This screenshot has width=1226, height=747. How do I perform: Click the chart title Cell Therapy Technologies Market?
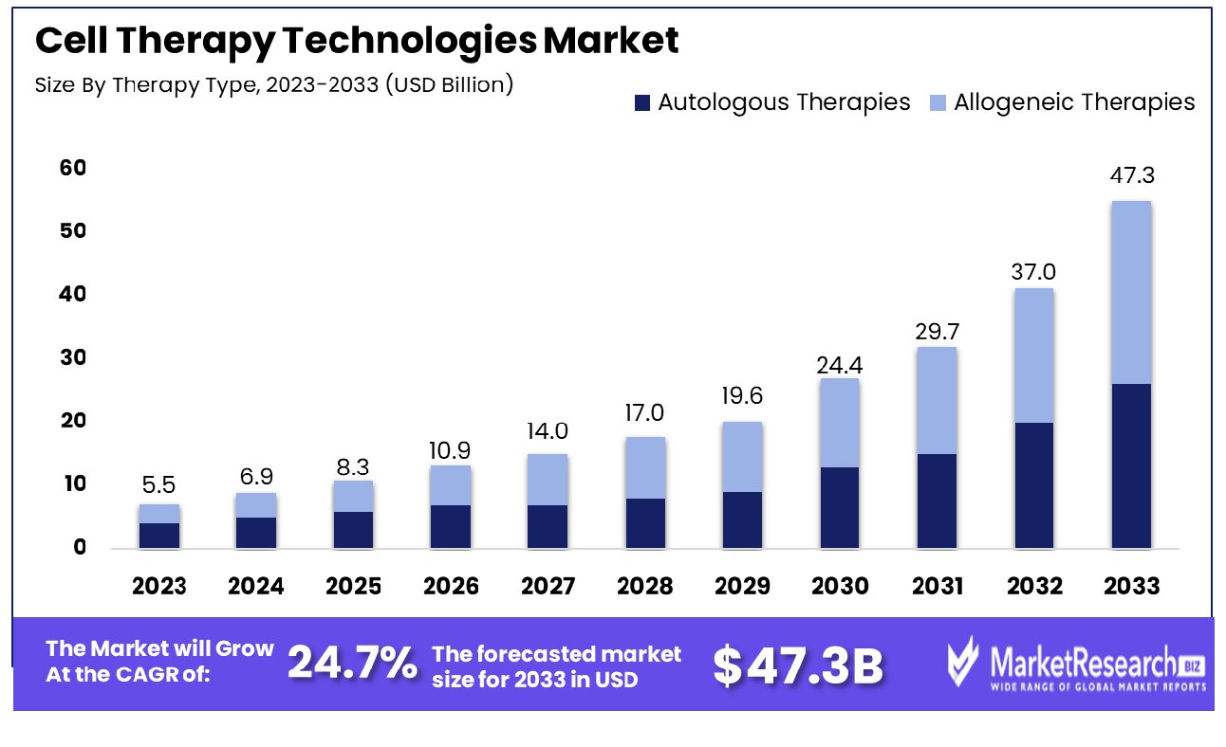coord(356,41)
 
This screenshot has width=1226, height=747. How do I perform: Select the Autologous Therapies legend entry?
coord(772,102)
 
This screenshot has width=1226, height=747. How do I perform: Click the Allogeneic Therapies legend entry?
coord(1062,102)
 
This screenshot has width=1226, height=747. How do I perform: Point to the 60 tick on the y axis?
coord(73,168)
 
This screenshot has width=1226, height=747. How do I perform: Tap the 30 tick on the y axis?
coord(73,357)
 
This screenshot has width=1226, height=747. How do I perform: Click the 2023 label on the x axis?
coord(159,587)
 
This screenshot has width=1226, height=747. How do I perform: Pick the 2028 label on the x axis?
coord(644,587)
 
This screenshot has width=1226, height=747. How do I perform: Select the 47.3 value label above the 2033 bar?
coord(1131,176)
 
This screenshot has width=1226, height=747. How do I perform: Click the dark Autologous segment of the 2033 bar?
coord(1130,465)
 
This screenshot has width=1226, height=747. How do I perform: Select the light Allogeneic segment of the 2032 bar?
coord(1033,355)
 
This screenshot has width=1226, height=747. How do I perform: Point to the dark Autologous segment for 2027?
coord(548,526)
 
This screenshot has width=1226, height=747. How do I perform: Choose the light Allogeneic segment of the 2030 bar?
coord(839,423)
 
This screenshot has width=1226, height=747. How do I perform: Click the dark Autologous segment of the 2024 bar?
coord(256,532)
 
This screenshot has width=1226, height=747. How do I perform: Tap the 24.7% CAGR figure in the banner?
coord(352,665)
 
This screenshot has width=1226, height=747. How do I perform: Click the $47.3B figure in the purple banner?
coord(798,666)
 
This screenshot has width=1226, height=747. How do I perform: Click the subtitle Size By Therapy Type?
coord(273,84)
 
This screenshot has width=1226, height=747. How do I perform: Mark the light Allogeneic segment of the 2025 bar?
coord(354,496)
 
